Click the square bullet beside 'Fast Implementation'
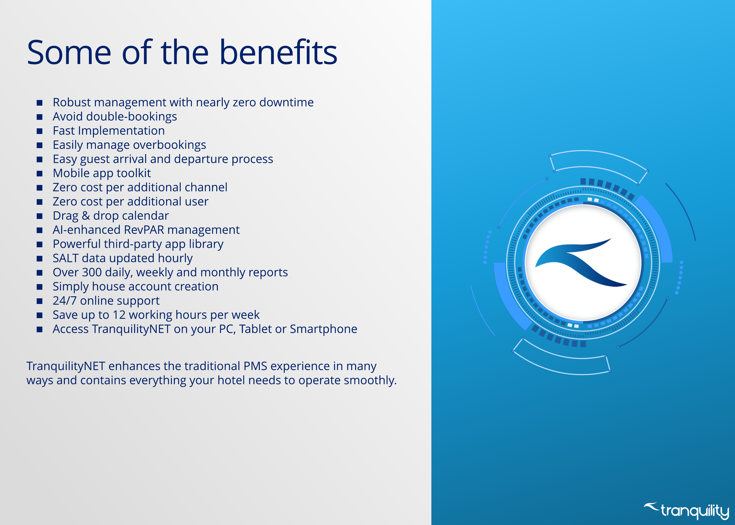(39, 131)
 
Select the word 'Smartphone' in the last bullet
(324, 329)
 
